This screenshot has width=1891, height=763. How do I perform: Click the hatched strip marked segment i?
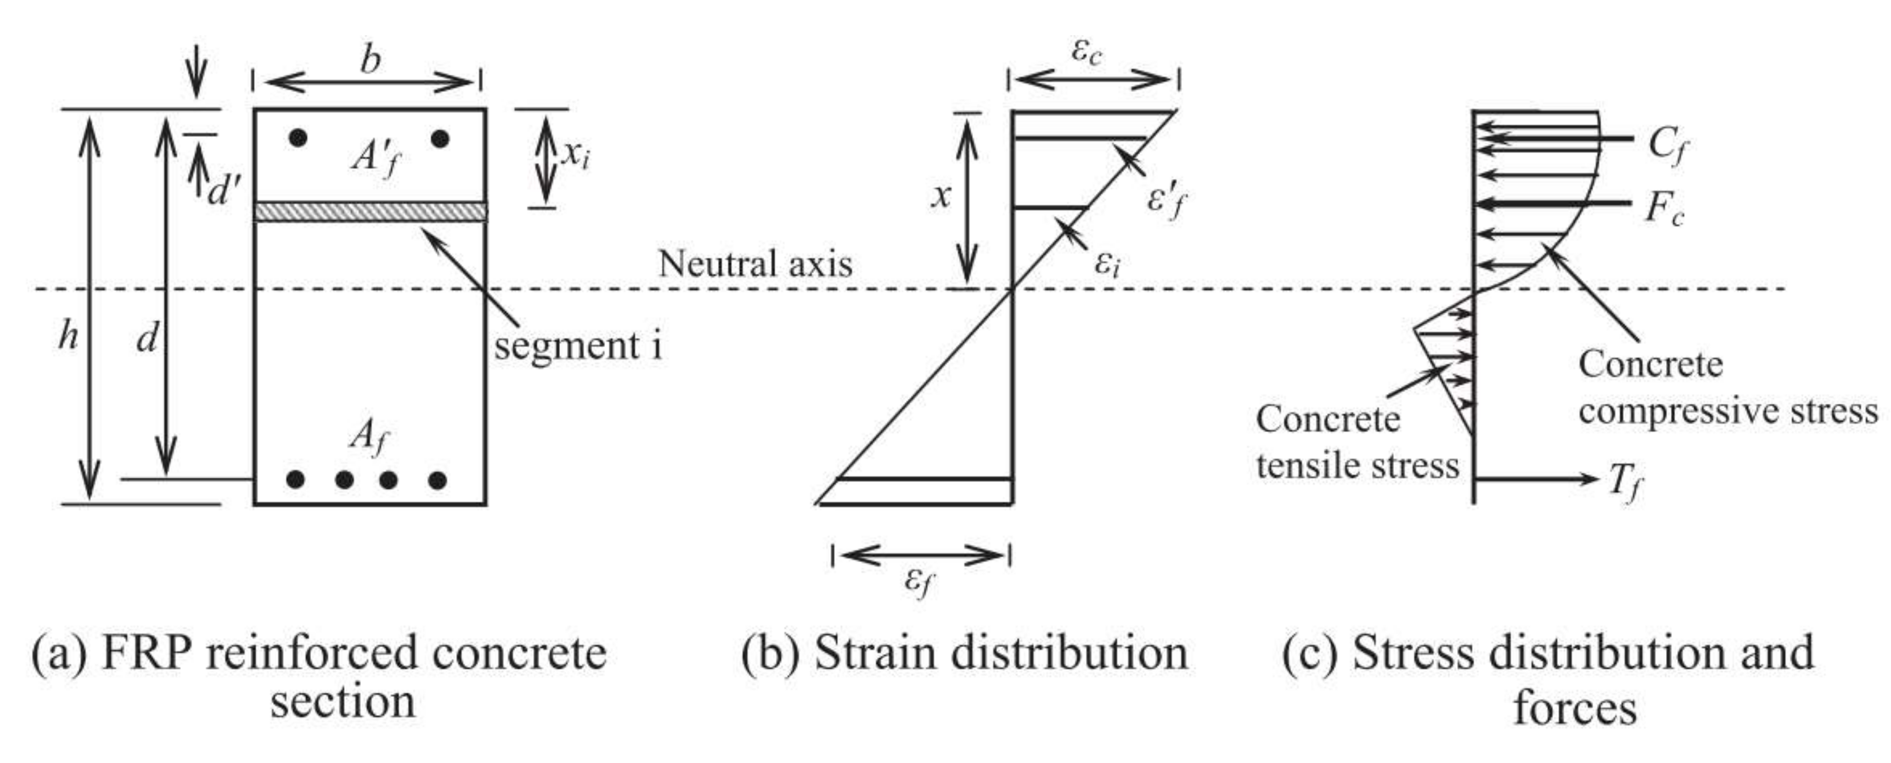pyautogui.click(x=370, y=211)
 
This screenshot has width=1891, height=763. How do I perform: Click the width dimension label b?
pyautogui.click(x=371, y=62)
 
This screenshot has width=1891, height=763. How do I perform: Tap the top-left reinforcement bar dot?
pyautogui.click(x=298, y=138)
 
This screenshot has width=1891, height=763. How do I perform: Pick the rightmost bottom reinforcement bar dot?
pyautogui.click(x=437, y=480)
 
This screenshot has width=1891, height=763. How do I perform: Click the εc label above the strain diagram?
pyautogui.click(x=1086, y=53)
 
